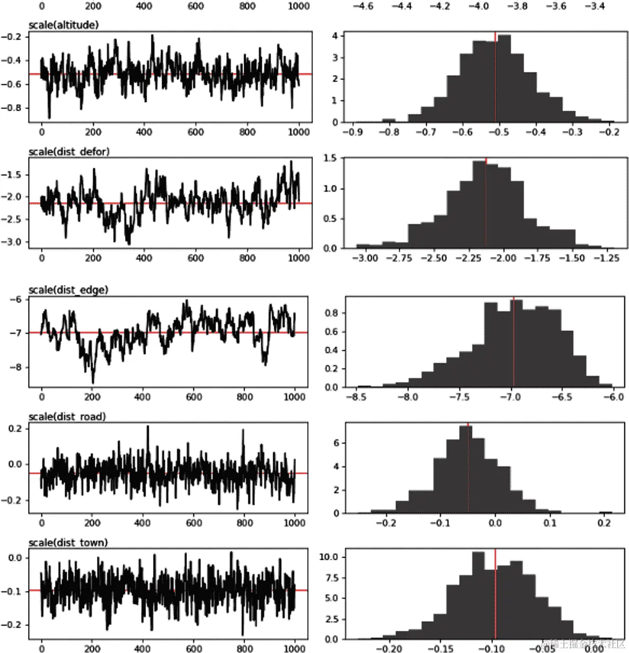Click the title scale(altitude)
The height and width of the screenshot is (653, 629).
63,25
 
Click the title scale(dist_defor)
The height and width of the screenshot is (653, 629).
69,151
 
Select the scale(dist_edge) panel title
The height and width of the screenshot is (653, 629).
68,289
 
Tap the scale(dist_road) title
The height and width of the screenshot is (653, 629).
67,416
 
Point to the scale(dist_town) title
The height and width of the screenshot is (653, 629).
67,542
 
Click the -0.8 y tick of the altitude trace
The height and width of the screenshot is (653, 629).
11,108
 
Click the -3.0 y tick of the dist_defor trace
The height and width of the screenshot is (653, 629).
11,242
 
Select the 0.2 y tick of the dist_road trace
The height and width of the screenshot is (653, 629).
15,429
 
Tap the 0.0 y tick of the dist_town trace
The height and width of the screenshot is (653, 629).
15,558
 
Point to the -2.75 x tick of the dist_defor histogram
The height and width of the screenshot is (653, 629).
399,258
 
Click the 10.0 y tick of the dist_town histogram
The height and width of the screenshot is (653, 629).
328,557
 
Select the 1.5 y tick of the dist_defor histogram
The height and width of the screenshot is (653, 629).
330,158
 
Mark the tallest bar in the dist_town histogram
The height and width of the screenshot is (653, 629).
478,596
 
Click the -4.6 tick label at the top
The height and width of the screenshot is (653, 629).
363,6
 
